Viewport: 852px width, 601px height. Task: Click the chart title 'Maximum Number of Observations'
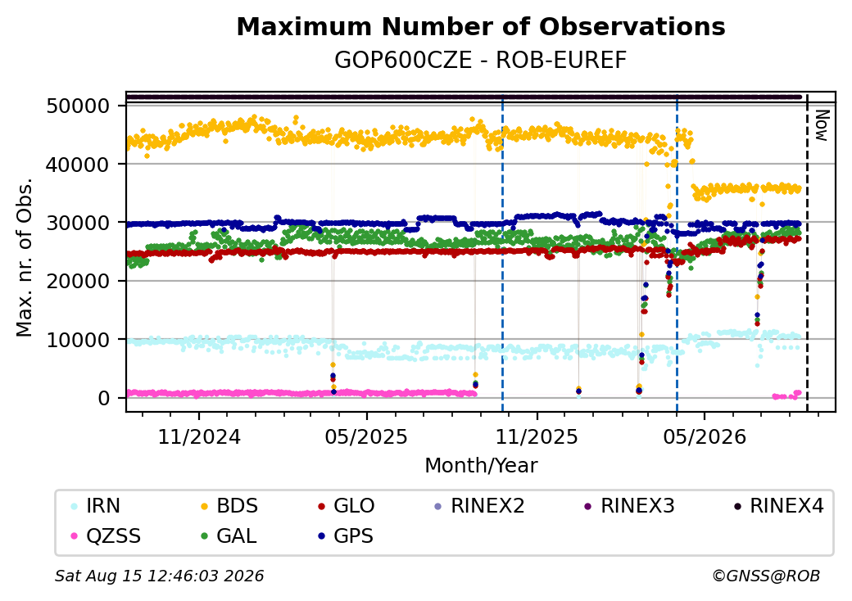[x=481, y=26]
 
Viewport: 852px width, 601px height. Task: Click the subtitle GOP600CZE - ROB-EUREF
[x=481, y=60]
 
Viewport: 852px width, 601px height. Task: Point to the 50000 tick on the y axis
[x=79, y=106]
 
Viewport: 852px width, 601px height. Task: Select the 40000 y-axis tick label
[x=79, y=164]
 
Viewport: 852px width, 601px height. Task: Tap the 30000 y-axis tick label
[x=79, y=223]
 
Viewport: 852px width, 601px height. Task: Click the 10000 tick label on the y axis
[x=79, y=340]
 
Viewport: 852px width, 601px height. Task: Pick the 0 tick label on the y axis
[x=104, y=399]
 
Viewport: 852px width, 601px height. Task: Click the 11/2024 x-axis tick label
[x=199, y=436]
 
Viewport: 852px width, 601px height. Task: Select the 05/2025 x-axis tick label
[x=367, y=436]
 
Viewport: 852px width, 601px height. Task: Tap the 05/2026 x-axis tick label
[x=705, y=436]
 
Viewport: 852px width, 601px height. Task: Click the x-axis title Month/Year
[x=481, y=465]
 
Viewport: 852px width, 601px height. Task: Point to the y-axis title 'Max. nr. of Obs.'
[x=24, y=257]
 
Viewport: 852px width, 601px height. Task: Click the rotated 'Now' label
[x=823, y=125]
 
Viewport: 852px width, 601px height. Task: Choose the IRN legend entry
[x=96, y=506]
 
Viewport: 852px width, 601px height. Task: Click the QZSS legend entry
[x=106, y=536]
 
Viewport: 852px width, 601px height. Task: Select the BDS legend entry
[x=229, y=506]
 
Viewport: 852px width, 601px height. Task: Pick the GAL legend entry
[x=229, y=536]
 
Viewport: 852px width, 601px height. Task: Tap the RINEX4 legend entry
[x=778, y=506]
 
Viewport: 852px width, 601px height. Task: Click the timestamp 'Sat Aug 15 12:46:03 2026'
[x=159, y=576]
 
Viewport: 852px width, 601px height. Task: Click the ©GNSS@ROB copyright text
[x=766, y=576]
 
